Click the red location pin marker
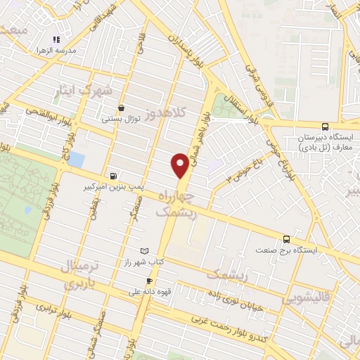point(180,166)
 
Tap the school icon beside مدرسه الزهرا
point(57,39)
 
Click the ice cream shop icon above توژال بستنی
point(122,108)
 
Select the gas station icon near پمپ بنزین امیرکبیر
point(114,176)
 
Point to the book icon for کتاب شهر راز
point(145,251)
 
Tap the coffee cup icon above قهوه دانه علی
point(148,281)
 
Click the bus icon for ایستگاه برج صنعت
point(286,238)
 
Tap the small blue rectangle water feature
point(75,160)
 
